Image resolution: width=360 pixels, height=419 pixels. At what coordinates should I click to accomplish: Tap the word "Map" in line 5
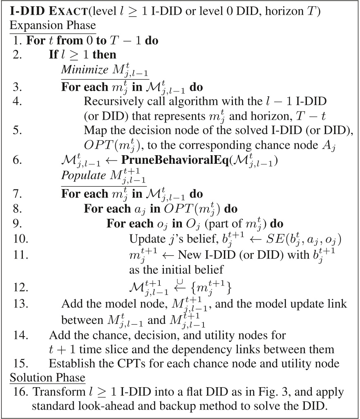coord(93,129)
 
